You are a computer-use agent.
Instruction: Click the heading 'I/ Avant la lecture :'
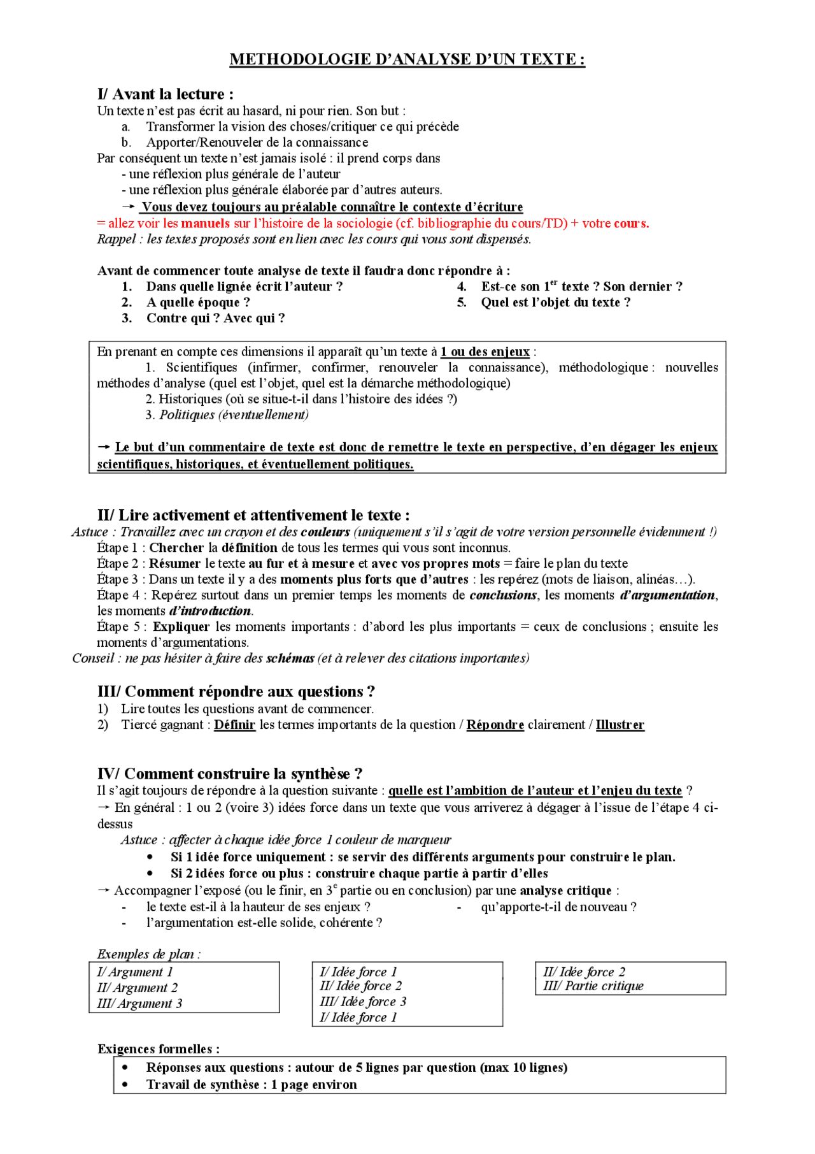click(166, 94)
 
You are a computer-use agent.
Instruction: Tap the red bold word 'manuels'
click(205, 224)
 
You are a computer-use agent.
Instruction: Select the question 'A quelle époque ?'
click(198, 303)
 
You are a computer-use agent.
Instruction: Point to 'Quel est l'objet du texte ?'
click(555, 303)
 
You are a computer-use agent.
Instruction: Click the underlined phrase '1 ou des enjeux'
click(485, 352)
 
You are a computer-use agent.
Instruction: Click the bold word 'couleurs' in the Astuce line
click(325, 532)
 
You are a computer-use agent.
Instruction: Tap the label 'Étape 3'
click(117, 579)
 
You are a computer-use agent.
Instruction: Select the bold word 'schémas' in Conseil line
click(290, 658)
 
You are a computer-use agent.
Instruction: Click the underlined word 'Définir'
click(234, 725)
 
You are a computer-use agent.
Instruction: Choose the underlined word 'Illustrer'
click(620, 725)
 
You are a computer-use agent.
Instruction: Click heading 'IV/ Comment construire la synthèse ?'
click(230, 774)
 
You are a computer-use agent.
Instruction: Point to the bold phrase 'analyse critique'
click(565, 891)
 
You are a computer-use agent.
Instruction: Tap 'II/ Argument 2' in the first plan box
click(137, 988)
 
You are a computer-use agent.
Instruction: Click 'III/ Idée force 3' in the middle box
click(362, 1002)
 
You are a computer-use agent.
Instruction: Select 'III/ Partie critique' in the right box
click(593, 986)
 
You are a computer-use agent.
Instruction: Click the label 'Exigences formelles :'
click(159, 1049)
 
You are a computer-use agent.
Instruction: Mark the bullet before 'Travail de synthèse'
click(125, 1085)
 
